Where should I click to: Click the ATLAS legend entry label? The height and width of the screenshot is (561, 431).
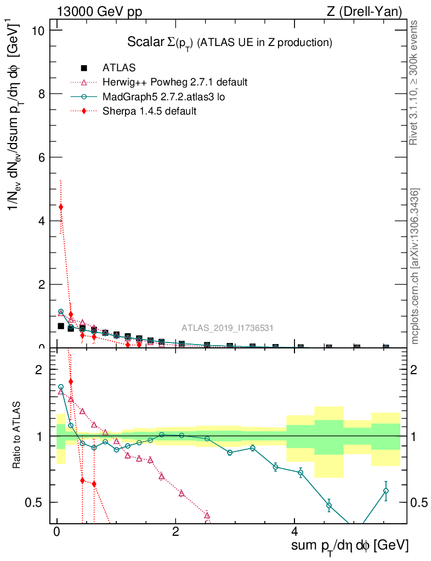point(119,68)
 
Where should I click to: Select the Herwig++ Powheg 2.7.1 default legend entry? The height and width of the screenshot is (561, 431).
point(175,82)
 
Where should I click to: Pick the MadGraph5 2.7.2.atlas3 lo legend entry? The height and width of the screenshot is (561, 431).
point(164,96)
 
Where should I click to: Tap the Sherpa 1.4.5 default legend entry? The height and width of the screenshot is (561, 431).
point(149,111)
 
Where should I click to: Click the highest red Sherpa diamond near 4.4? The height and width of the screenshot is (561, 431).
point(61,207)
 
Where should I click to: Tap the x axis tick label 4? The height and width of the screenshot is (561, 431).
point(294,532)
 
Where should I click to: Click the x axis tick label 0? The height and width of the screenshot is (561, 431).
point(56,532)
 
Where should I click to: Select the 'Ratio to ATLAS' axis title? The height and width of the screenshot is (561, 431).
point(17,436)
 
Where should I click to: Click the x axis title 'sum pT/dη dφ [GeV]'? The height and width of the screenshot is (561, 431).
point(350,546)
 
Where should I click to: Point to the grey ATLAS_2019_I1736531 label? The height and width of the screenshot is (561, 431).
point(228,328)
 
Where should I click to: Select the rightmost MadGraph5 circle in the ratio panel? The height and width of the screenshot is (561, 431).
point(385,491)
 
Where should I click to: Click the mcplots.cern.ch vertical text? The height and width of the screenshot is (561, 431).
point(416,266)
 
